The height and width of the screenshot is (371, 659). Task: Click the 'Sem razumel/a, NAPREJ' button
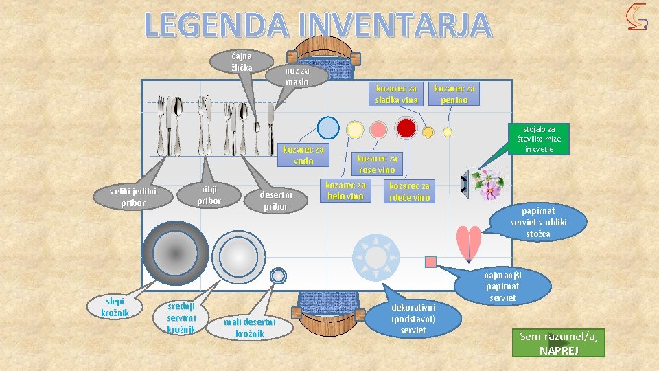pyautogui.click(x=559, y=343)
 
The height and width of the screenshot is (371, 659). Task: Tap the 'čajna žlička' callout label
pyautogui.click(x=242, y=61)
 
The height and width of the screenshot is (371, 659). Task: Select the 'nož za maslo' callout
pyautogui.click(x=297, y=76)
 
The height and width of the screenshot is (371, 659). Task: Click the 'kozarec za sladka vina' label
pyautogui.click(x=396, y=94)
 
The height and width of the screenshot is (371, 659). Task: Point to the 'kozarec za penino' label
pyautogui.click(x=454, y=94)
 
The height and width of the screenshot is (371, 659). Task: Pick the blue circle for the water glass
pyautogui.click(x=329, y=128)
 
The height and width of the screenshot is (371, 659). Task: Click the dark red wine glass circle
pyautogui.click(x=406, y=128)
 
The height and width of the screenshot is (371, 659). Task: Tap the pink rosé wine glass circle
pyautogui.click(x=378, y=129)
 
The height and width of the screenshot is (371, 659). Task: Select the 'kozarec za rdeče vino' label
pyautogui.click(x=409, y=192)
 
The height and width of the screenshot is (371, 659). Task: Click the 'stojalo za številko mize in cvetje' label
pyautogui.click(x=540, y=139)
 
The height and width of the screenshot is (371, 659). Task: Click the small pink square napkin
pyautogui.click(x=430, y=262)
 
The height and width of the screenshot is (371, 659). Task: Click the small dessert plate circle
pyautogui.click(x=278, y=276)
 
